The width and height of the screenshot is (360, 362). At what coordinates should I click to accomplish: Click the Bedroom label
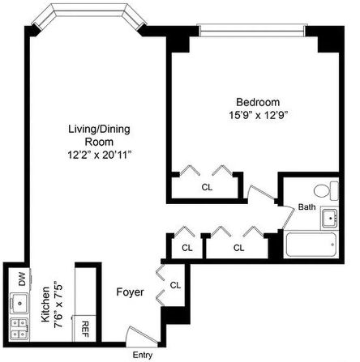coord(258,102)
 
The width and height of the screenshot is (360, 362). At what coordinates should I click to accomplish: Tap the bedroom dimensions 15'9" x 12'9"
coord(258,115)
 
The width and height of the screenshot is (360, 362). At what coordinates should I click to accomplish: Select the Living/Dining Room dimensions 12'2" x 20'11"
coord(99,155)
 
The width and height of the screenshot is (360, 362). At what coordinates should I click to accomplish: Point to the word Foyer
coord(130,292)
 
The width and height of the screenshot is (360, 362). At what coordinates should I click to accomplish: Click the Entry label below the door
coord(143,355)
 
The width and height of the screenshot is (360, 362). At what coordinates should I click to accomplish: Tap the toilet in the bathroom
coord(326,190)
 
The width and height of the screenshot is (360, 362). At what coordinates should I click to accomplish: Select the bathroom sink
coord(329,218)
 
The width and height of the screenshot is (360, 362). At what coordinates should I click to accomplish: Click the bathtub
coord(311,245)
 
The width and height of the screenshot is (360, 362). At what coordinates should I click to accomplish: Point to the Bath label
coord(306,207)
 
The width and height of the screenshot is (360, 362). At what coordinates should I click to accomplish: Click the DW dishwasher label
coord(22,279)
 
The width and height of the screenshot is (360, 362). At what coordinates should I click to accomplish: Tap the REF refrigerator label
coord(85,330)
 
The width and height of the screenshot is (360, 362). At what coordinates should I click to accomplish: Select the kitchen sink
coord(19,303)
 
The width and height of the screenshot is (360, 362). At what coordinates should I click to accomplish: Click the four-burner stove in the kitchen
coord(19,329)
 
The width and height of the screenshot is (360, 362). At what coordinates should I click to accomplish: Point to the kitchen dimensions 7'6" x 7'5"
coord(58,305)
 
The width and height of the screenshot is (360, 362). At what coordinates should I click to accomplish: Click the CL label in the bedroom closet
coord(207,187)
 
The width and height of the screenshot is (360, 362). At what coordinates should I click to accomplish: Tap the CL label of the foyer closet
coord(175,285)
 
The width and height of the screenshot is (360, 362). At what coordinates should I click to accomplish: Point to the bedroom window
coord(252,31)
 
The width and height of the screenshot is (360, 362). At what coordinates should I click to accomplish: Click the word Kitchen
coord(45,305)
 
